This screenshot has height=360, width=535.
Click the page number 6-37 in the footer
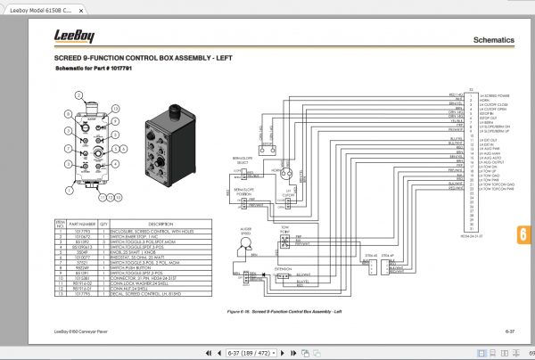point(512,331)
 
